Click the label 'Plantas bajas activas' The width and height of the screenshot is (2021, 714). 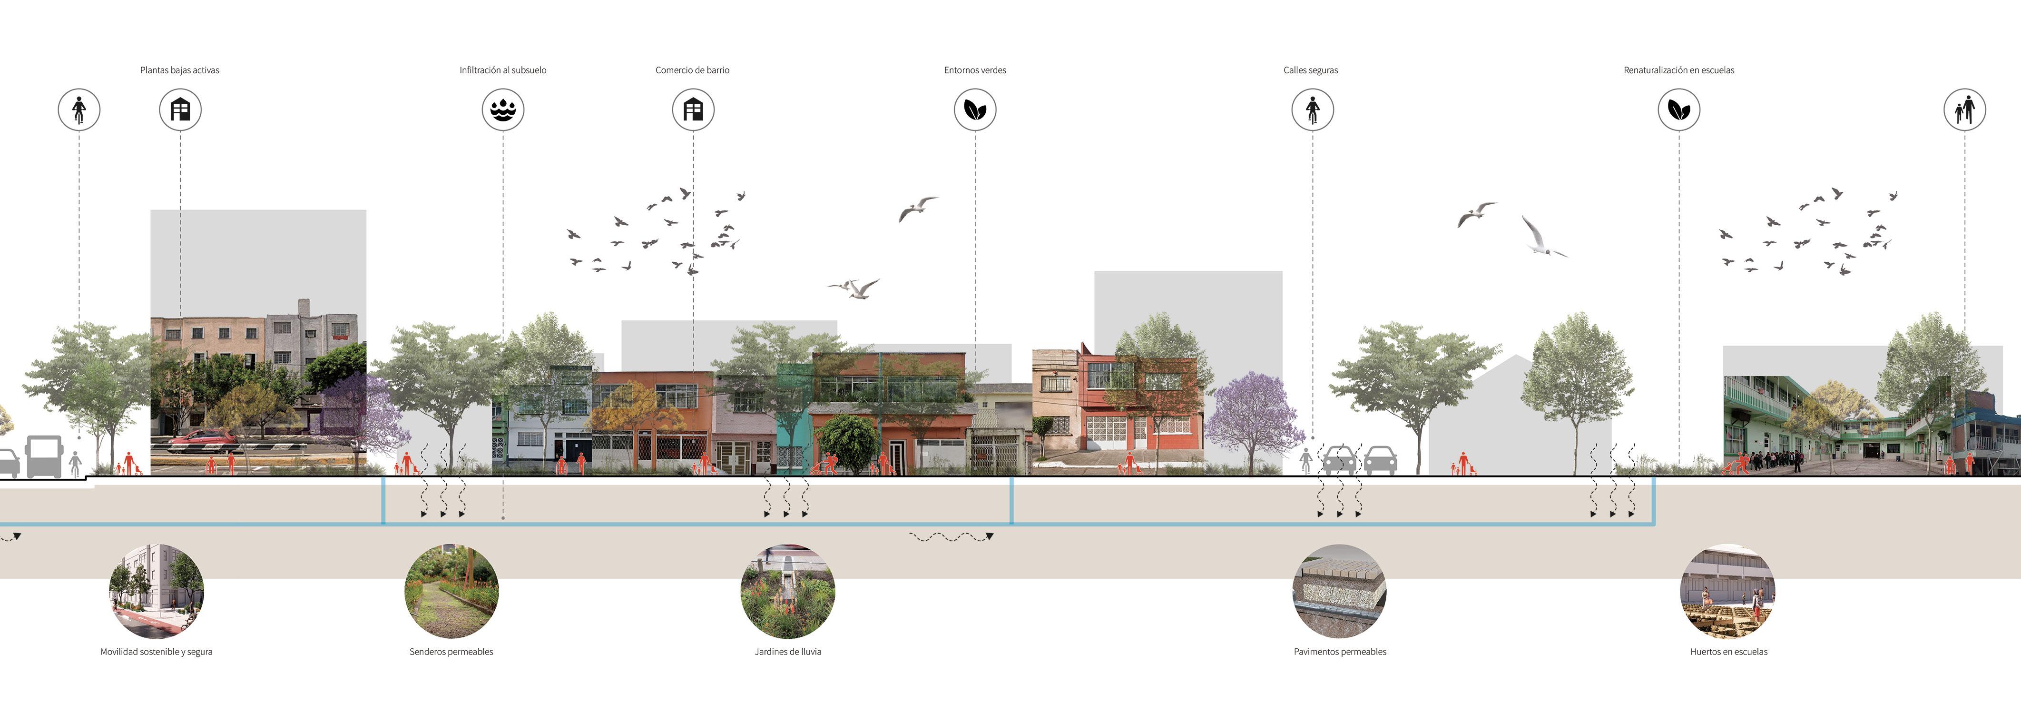click(x=180, y=70)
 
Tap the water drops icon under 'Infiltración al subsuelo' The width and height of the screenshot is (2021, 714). click(x=503, y=110)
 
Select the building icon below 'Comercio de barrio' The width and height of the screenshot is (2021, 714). click(x=693, y=110)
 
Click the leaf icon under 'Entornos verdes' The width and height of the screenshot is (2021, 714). click(x=975, y=110)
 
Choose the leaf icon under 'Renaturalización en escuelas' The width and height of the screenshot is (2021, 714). click(x=1679, y=110)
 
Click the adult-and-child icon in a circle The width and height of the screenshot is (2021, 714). click(x=1964, y=110)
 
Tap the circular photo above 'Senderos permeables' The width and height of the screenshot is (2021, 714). click(x=451, y=591)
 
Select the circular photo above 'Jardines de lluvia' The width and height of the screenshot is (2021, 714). click(x=788, y=591)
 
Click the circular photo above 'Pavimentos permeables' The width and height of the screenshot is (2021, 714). click(x=1339, y=591)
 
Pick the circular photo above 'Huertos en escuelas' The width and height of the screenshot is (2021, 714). click(x=1727, y=591)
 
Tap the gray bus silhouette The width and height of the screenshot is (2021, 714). click(x=43, y=456)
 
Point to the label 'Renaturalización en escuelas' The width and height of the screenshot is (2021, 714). click(x=1679, y=70)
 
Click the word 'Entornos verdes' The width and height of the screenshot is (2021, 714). click(x=975, y=70)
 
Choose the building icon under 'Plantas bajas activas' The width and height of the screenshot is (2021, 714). click(x=180, y=110)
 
